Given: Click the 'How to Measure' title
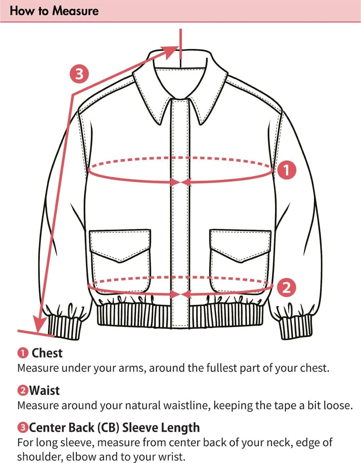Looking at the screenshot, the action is [54, 11].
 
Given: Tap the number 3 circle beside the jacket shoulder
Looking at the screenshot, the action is [79, 74].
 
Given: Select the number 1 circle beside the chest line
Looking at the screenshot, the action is [286, 170].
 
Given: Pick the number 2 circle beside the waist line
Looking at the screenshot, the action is [286, 288].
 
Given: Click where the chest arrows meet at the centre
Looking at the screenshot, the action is [180, 182].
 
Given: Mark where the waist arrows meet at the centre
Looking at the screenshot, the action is [180, 294].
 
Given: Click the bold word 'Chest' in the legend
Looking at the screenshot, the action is [47, 353].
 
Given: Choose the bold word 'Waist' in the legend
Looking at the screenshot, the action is [44, 390].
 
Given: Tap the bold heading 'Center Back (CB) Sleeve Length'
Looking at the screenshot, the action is [114, 428].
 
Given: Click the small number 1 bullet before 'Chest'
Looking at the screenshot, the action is [23, 354].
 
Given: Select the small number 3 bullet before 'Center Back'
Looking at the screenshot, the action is [23, 428].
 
